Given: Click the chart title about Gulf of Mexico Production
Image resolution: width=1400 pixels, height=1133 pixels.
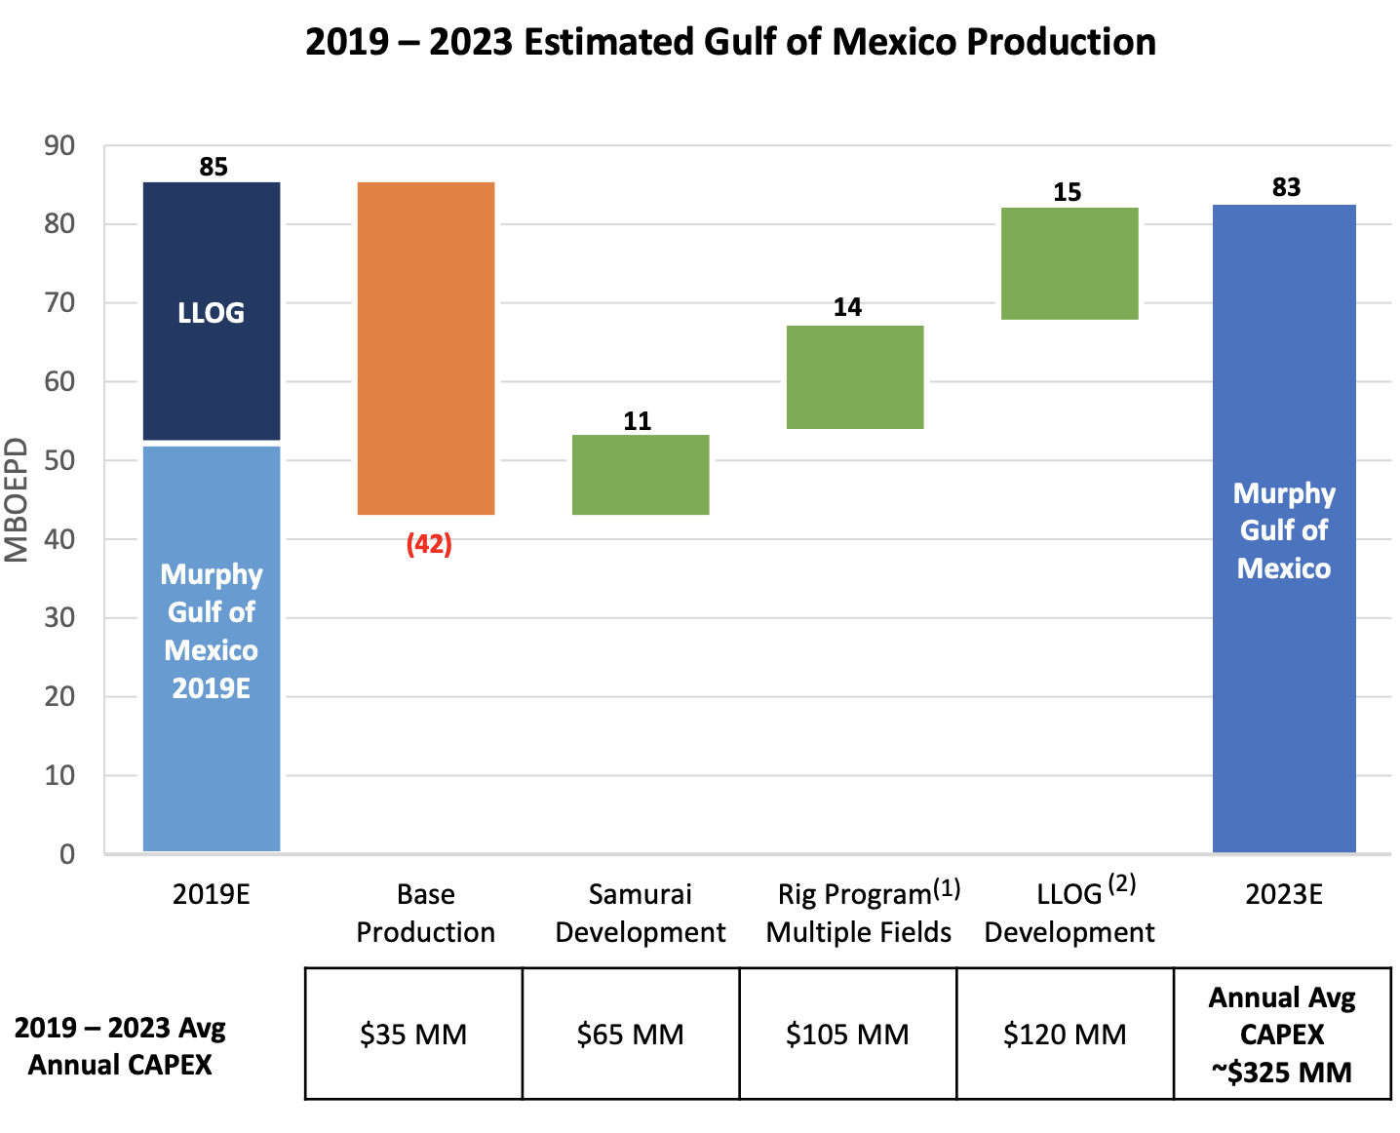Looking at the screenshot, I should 730,43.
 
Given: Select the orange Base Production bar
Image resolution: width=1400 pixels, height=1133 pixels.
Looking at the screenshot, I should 426,348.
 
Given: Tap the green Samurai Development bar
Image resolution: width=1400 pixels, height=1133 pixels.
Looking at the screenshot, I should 641,475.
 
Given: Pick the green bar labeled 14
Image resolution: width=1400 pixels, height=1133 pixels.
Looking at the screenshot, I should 855,377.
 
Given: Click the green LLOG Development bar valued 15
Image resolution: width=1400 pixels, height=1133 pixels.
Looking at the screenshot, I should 1069,263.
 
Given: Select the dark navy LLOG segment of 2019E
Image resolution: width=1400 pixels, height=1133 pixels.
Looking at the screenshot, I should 212,311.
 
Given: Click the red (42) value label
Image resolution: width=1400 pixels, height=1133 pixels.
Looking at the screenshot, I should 429,544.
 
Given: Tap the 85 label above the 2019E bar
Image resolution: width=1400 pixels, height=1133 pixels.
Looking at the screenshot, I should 214,167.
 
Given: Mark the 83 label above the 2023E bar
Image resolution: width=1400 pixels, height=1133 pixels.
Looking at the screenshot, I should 1286,187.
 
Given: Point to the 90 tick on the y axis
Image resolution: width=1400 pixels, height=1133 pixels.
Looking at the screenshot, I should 59,146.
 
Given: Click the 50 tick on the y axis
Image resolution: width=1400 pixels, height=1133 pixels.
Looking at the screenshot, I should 59,460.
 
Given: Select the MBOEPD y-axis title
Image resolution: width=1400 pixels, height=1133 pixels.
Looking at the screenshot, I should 17,500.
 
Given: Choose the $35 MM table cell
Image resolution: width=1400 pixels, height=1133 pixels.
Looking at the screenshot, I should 413,1034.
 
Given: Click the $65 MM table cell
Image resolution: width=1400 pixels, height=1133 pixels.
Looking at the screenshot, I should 631,1034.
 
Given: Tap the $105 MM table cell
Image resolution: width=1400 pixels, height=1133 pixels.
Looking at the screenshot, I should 847,1034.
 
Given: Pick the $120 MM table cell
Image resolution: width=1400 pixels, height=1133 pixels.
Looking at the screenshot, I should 1065,1034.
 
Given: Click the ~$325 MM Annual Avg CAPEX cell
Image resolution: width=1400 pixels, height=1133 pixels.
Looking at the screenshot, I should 1282,1035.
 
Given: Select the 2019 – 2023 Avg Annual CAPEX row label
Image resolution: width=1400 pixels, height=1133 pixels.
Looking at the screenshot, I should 120,1046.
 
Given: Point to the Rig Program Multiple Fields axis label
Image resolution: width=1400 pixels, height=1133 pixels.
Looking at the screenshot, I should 859,913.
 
